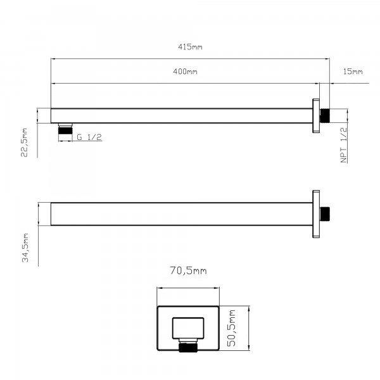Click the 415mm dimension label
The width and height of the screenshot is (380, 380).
click(x=190, y=46)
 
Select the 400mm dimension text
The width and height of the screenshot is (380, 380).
click(x=185, y=72)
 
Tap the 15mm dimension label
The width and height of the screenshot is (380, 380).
click(x=353, y=72)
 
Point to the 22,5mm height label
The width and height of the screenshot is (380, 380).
click(x=24, y=142)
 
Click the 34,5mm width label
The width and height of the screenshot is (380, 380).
click(x=25, y=248)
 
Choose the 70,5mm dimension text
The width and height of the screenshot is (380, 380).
click(x=188, y=270)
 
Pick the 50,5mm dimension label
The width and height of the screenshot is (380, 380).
click(x=231, y=328)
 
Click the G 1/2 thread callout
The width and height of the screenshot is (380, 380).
click(x=89, y=137)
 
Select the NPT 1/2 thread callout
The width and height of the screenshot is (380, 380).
click(x=344, y=145)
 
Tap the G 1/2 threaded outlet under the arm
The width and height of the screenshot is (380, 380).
click(x=65, y=129)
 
